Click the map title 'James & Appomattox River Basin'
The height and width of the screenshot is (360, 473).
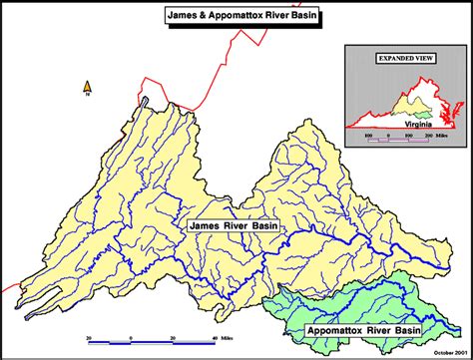(x=235, y=15)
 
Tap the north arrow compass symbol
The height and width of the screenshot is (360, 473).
(x=88, y=89)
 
